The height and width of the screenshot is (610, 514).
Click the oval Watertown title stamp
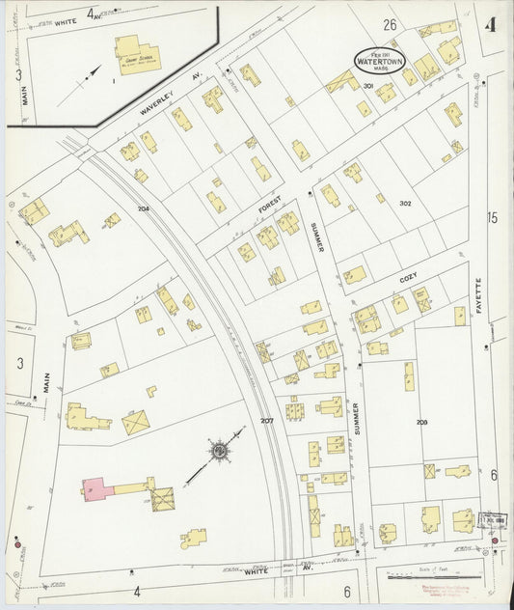click(x=380, y=60)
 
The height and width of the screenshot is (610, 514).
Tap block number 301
click(x=368, y=86)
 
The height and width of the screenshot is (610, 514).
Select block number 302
click(x=405, y=203)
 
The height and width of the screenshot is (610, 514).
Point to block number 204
click(x=144, y=208)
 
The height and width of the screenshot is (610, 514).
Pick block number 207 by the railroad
click(x=267, y=422)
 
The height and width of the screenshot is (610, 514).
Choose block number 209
click(x=421, y=423)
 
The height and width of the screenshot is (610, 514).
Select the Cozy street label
click(x=407, y=278)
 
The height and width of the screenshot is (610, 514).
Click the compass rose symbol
click(x=219, y=450)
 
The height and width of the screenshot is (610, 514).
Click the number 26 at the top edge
click(x=390, y=24)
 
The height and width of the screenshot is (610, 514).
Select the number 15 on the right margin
click(x=493, y=218)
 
